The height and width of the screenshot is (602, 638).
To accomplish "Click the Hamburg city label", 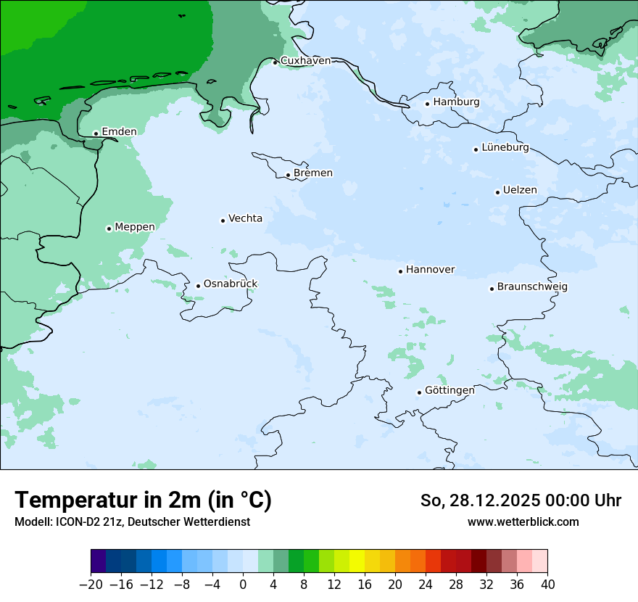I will [x=456, y=102].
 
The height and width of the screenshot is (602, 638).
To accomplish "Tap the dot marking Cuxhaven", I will [x=275, y=62].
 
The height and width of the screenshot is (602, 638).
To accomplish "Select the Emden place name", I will [x=119, y=131].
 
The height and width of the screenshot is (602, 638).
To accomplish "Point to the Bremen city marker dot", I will [x=288, y=175].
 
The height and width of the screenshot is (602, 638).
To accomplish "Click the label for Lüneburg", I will [x=505, y=147].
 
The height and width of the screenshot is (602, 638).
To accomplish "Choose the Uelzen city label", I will [x=520, y=190].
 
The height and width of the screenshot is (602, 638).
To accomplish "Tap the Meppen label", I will [x=134, y=227].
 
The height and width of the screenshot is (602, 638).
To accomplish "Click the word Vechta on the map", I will [x=245, y=218].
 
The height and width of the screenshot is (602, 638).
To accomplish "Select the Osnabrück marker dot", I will [x=198, y=286].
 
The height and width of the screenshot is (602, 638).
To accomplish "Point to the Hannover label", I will [x=430, y=270].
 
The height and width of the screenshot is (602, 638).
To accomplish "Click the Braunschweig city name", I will [x=532, y=286].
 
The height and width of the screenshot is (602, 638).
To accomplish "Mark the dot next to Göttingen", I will [x=419, y=392].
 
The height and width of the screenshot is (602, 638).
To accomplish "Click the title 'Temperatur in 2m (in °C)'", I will [x=143, y=500].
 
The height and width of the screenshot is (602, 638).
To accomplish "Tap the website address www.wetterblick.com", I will [x=523, y=521].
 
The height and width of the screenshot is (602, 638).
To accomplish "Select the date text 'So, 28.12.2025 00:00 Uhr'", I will [x=521, y=500].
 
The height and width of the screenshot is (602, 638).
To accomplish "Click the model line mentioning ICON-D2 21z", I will [x=132, y=521].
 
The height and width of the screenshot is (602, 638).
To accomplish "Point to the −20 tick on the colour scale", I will [x=91, y=585].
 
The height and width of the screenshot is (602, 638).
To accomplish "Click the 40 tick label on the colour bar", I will [x=547, y=585].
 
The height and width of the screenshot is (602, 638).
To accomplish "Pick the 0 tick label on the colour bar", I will [x=243, y=585].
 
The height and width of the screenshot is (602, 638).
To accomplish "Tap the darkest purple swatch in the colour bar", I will [x=99, y=561].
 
